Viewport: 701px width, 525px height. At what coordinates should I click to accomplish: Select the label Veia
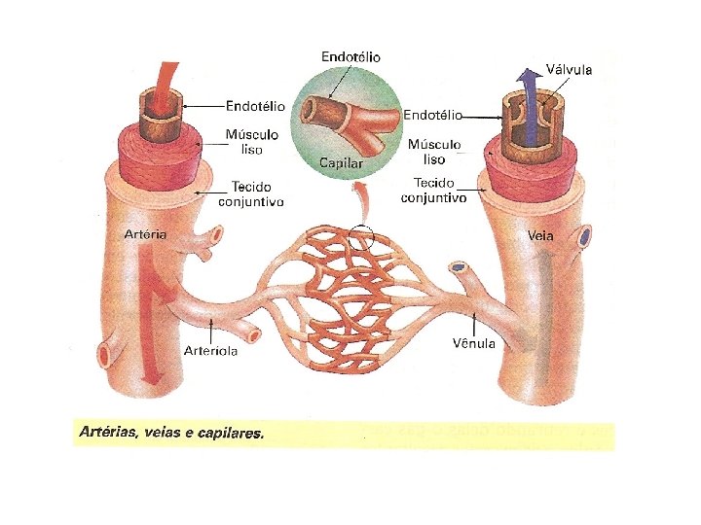pyautogui.click(x=540, y=235)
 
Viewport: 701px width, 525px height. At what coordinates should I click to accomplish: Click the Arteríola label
pyautogui.click(x=212, y=350)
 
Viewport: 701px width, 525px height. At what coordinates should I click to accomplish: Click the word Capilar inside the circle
pyautogui.click(x=342, y=162)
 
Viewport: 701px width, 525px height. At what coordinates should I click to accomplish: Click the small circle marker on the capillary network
pyautogui.click(x=361, y=236)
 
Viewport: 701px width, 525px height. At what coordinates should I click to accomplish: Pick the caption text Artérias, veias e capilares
pyautogui.click(x=171, y=434)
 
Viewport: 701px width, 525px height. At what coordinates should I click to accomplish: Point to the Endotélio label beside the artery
pyautogui.click(x=256, y=105)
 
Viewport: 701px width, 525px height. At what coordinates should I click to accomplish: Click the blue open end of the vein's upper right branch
pyautogui.click(x=584, y=235)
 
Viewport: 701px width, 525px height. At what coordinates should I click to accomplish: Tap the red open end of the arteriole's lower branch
pyautogui.click(x=255, y=335)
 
